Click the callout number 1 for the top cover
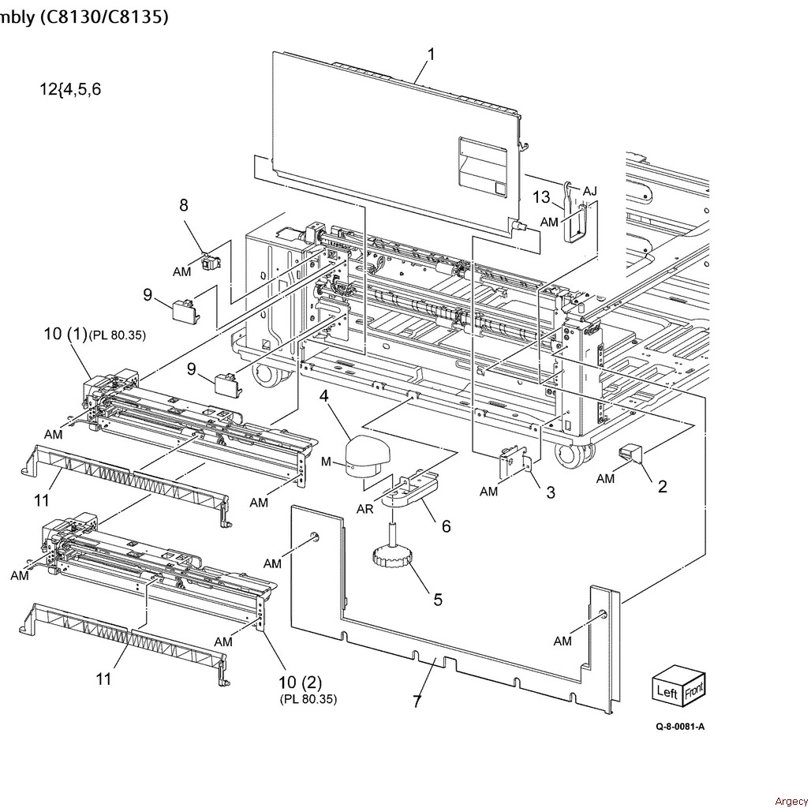coord(432,54)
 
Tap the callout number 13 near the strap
coord(541,197)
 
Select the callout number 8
coord(184,205)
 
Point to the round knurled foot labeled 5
coord(391,559)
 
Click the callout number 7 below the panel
coord(417,701)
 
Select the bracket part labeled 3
coord(513,458)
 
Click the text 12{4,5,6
coord(70,89)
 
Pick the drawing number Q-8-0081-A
coord(680,726)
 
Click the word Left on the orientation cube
coord(667,691)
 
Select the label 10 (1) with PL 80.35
coord(95,334)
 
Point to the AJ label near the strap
coord(589,192)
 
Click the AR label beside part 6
coord(364,509)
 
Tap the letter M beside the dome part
coord(326,462)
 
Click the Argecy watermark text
coord(790,802)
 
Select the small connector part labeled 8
coord(211,263)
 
